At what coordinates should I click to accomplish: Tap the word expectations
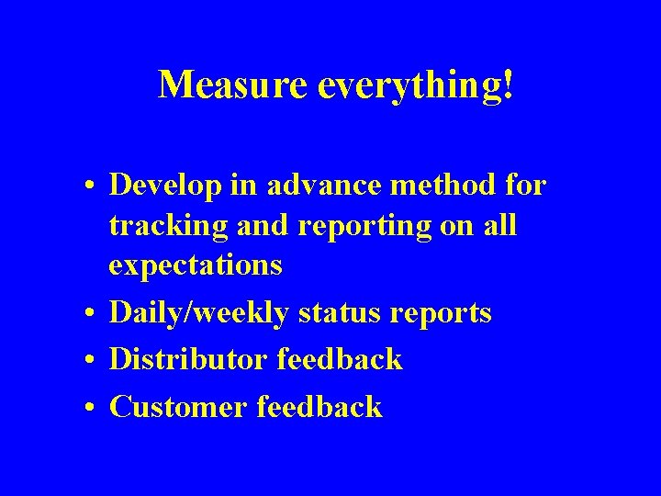pyautogui.click(x=196, y=266)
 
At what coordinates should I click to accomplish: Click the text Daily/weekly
pyautogui.click(x=198, y=313)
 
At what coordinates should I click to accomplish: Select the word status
pyautogui.click(x=339, y=313)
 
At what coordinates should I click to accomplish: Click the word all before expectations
pyautogui.click(x=500, y=226)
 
